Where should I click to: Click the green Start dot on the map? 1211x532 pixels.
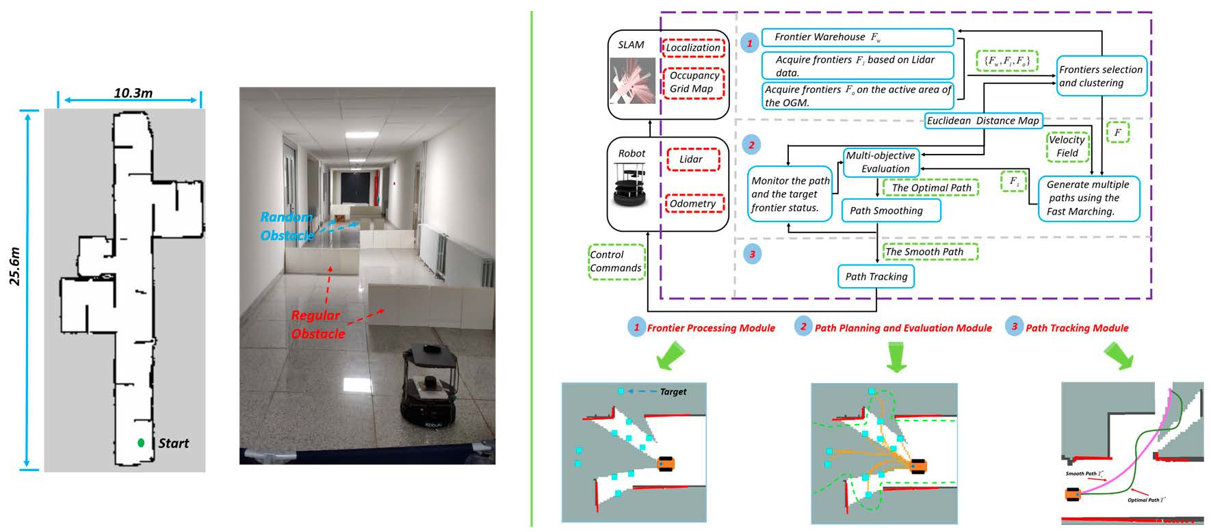pos(141,443)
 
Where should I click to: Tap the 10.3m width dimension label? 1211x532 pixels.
pos(133,92)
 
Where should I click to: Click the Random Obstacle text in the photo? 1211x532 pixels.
pos(287,226)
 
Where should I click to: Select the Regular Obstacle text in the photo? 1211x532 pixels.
pos(316,324)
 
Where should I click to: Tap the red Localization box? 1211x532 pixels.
pos(693,47)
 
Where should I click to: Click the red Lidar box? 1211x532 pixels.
pos(691,159)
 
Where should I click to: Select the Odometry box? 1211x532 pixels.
pos(692,204)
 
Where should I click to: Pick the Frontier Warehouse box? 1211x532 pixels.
pos(857,37)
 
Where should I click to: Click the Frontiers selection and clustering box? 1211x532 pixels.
pos(1101,76)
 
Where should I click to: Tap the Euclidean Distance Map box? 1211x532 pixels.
pos(983,121)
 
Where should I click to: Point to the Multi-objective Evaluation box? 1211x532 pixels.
pos(880,162)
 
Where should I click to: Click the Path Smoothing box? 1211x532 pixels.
pos(890,211)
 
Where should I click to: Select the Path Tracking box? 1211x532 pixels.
pos(876,276)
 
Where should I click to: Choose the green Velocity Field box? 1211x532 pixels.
pos(1067,146)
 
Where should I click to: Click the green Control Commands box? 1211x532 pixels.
pos(616,261)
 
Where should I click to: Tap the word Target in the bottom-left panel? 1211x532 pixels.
pos(673,392)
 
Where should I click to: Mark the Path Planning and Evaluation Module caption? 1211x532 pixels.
pos(903,328)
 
